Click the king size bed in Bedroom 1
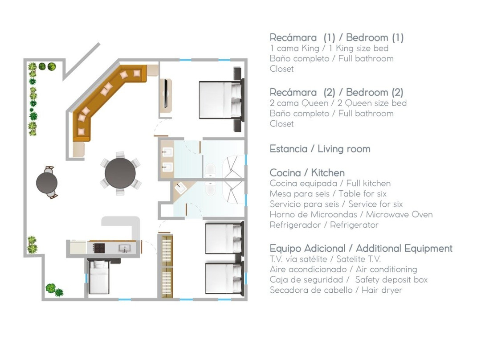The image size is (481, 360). point(221,99)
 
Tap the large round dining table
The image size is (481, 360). point(120,173)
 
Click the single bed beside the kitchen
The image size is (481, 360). point(98,276)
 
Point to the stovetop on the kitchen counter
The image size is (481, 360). point(99,248)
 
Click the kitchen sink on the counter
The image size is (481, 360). point(125,248)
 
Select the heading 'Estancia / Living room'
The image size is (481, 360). point(320,149)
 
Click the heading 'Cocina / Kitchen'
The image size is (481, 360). point(307,173)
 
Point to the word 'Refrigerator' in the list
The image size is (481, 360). point(354,225)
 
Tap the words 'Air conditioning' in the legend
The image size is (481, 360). point(386,270)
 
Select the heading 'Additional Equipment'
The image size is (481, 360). point(404,248)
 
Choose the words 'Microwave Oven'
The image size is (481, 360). point(399,214)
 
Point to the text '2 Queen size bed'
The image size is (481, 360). point(372,103)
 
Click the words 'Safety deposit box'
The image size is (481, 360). point(391,280)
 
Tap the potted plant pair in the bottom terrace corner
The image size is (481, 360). point(54,290)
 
